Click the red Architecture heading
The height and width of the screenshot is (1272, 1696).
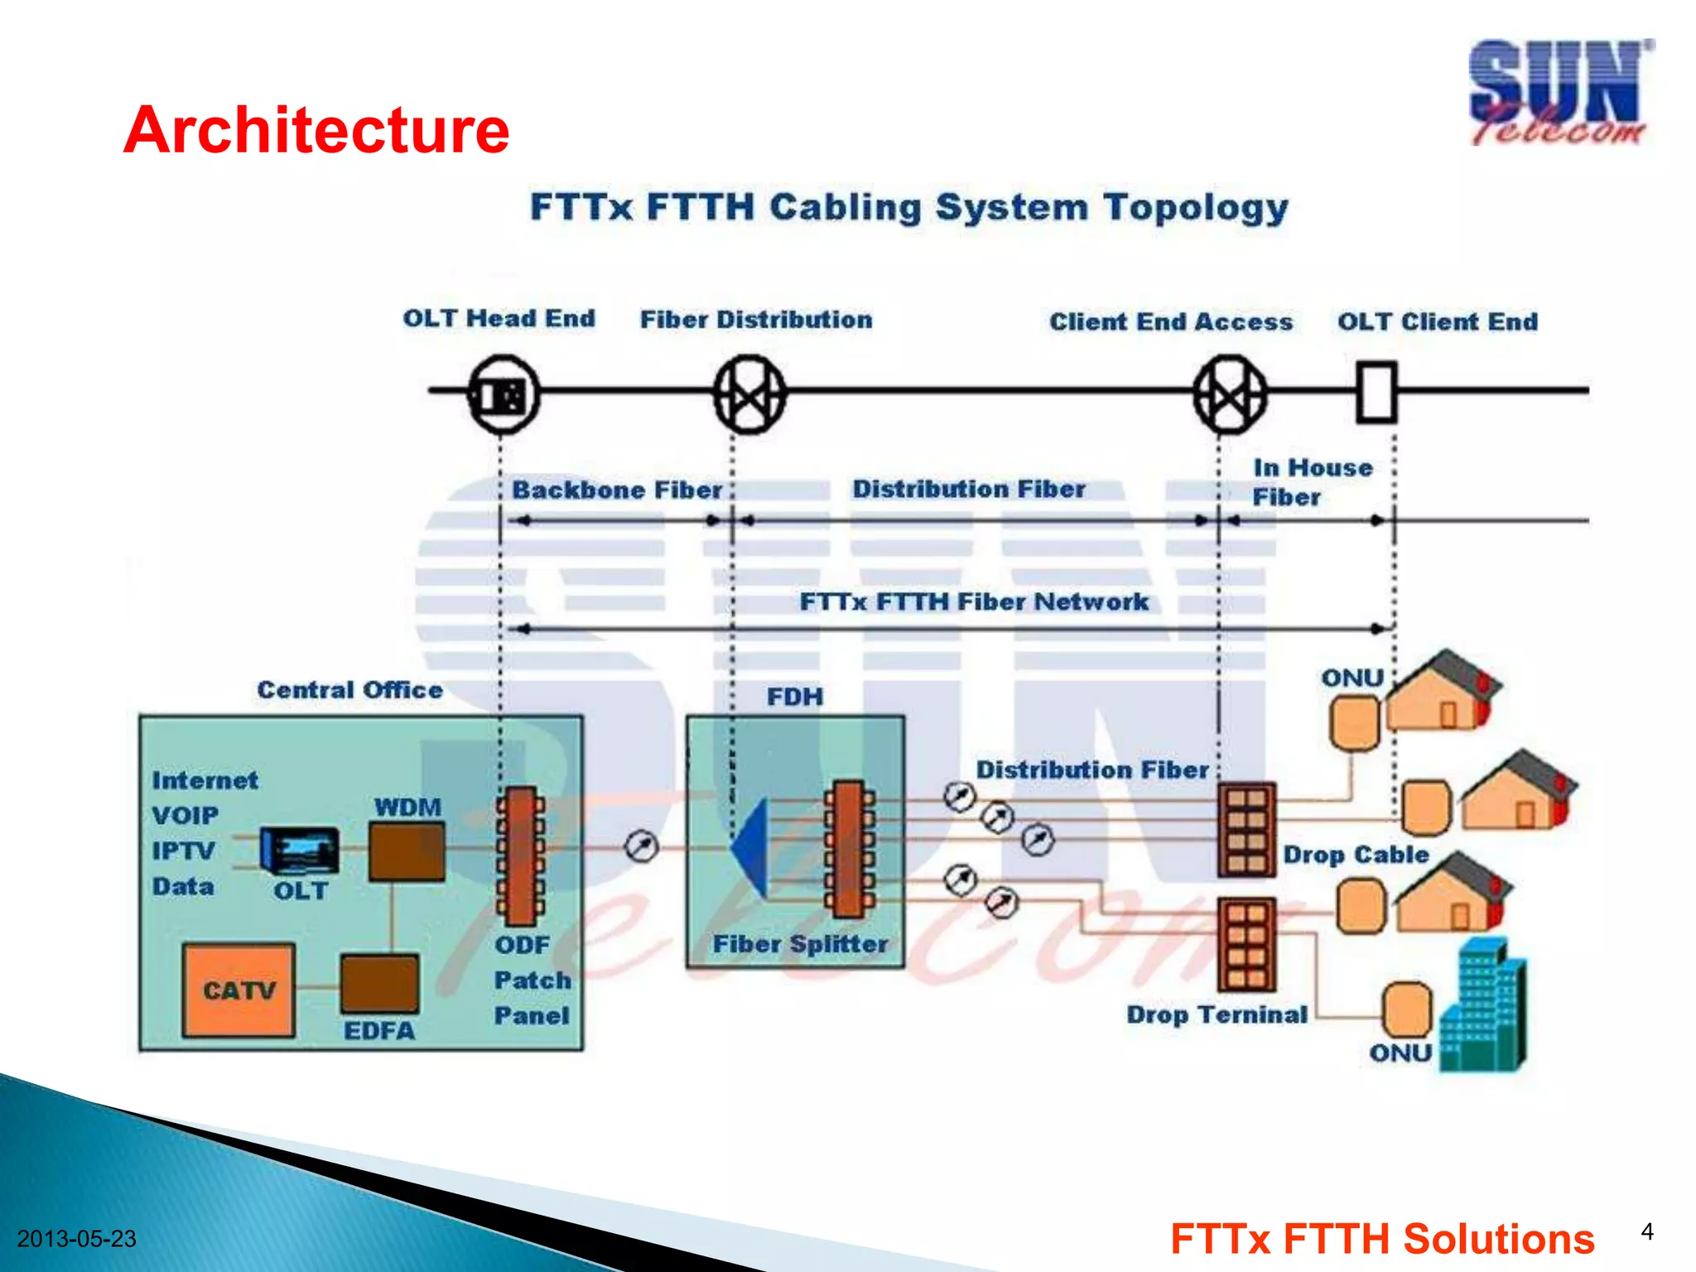316,130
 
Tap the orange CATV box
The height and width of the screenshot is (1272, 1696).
238,990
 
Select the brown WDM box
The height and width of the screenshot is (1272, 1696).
406,851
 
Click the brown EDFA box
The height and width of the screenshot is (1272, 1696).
379,984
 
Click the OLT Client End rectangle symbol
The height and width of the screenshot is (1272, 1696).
1376,392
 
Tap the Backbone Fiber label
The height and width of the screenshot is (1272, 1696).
617,490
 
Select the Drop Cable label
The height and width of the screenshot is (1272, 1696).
1356,855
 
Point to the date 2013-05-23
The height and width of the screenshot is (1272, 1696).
76,1239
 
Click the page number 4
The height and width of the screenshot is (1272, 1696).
1647,1231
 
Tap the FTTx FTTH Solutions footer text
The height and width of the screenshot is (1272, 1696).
1382,1239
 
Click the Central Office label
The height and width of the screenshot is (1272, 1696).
349,690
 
